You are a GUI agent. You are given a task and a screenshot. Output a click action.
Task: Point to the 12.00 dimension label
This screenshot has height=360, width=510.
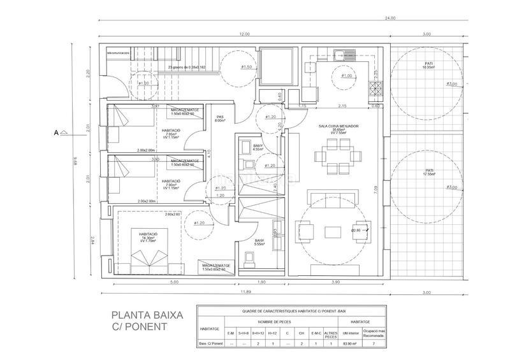[x=244, y=34]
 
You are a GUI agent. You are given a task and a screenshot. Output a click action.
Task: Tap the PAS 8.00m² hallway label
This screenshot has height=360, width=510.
[x=220, y=119]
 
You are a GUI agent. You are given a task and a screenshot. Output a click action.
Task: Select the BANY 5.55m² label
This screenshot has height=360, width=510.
[x=259, y=242]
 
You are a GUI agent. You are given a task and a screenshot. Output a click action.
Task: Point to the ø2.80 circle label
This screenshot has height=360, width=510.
[x=356, y=229]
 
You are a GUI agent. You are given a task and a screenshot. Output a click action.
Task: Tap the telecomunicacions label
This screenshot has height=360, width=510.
[x=118, y=54]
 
